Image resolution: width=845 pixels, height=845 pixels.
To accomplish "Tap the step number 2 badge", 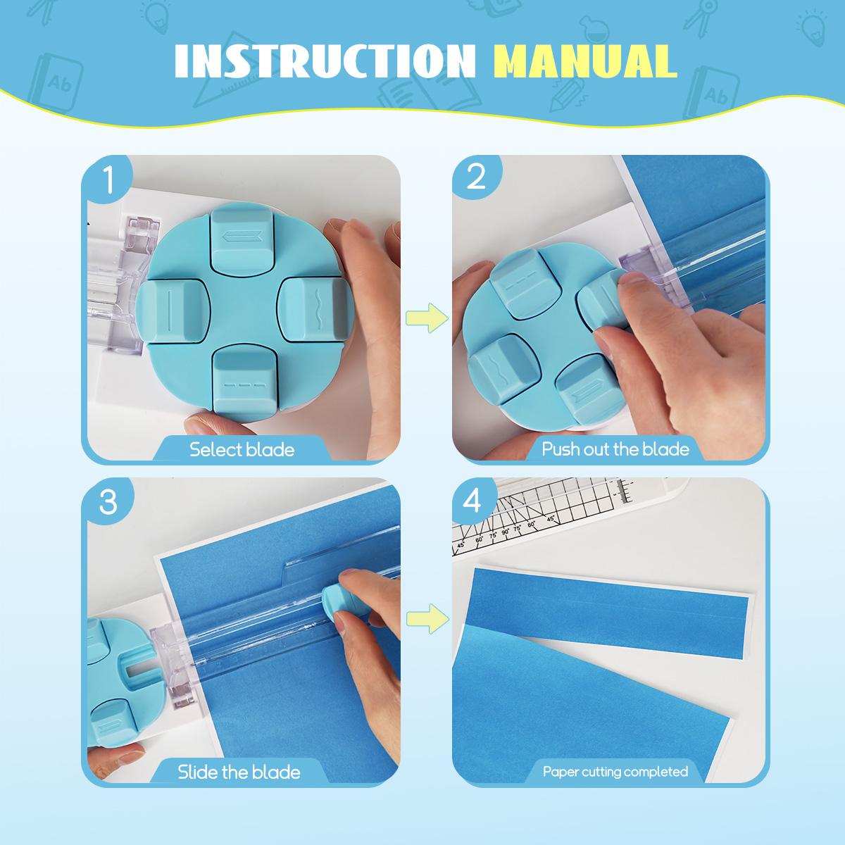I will pos(476,179).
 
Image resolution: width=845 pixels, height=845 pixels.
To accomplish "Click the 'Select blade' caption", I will pos(242,449).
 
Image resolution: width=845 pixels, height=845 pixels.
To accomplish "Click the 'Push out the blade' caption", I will pos(615,449).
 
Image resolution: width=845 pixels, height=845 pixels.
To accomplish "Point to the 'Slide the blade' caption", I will pos(239,772).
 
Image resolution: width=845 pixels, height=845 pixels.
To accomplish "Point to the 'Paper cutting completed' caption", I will pos(615,772).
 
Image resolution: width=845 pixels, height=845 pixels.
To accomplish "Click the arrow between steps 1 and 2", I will pos(427,318).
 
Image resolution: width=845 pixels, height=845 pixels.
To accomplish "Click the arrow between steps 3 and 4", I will pos(427,619).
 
